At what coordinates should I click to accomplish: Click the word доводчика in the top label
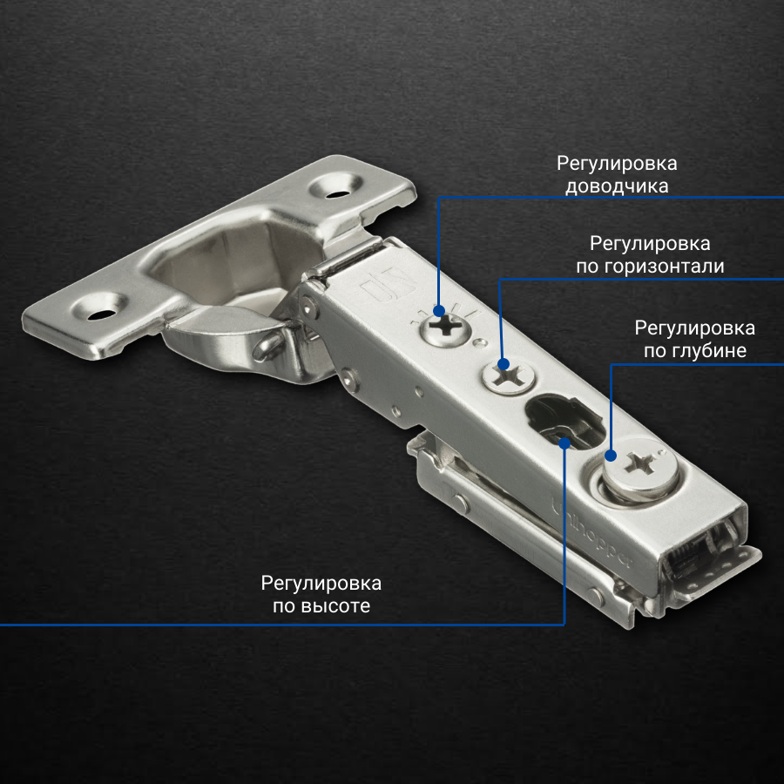617,186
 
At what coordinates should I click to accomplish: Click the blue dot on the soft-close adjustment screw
439,312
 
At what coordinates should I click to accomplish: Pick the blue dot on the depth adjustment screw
611,456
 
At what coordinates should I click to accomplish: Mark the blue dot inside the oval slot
564,443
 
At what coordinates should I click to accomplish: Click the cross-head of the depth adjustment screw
642,463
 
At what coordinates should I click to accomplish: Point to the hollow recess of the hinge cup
236,265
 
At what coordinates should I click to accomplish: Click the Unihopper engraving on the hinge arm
591,533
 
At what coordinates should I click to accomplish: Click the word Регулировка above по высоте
321,584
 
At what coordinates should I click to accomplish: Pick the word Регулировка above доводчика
617,164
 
